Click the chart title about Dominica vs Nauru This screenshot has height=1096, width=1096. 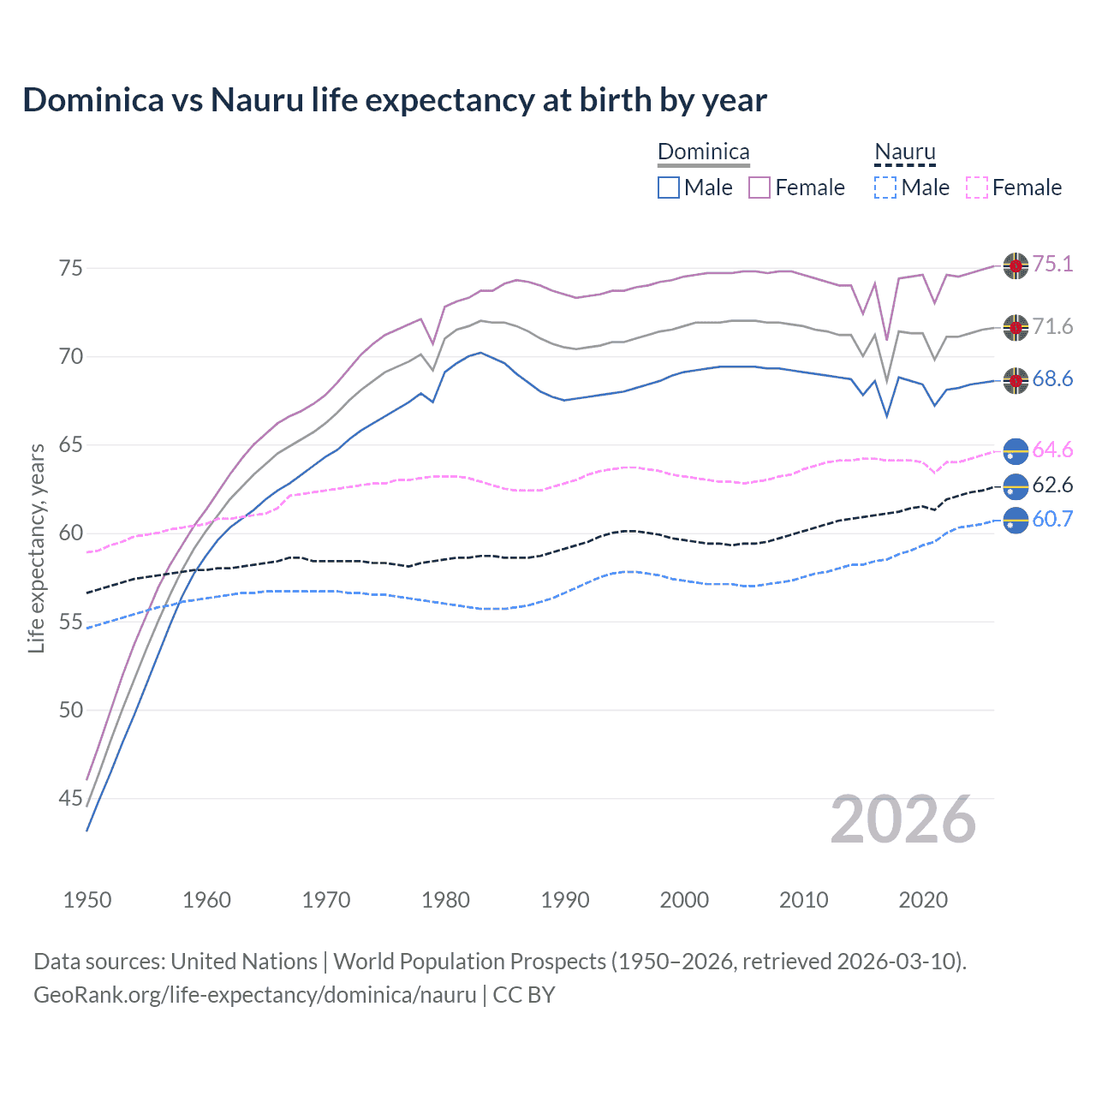click(x=395, y=100)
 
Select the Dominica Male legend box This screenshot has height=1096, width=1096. click(x=669, y=188)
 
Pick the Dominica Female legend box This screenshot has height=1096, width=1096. click(x=759, y=188)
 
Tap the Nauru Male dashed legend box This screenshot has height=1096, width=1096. click(x=885, y=188)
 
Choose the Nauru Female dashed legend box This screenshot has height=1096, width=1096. click(x=977, y=188)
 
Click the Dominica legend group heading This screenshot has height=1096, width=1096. click(x=703, y=152)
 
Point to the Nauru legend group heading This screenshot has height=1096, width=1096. click(x=904, y=152)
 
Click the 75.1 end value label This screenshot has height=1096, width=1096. click(x=1052, y=264)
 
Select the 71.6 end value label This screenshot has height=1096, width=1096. click(x=1052, y=326)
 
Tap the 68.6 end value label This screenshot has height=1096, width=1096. click(x=1052, y=378)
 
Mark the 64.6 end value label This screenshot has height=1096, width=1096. click(x=1052, y=450)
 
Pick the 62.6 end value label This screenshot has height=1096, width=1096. click(x=1052, y=485)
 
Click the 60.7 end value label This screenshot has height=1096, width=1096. click(x=1052, y=519)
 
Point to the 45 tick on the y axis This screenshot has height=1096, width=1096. click(x=70, y=798)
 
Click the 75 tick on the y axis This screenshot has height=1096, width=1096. click(x=70, y=268)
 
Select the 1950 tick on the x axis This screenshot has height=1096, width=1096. click(x=87, y=900)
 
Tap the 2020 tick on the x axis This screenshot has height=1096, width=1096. click(x=923, y=900)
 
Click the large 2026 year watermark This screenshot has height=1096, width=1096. click(x=903, y=820)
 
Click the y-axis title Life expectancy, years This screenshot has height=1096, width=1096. click(x=36, y=548)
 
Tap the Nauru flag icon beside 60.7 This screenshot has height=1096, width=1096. click(x=1016, y=520)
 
